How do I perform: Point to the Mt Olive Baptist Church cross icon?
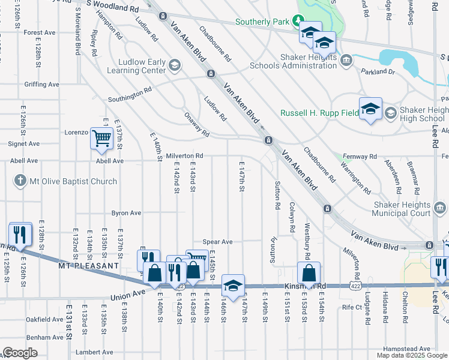click(20, 181)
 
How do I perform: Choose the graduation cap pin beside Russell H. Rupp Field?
click(370, 109)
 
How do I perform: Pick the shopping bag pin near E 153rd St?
click(309, 273)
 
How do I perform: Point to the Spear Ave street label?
click(217, 242)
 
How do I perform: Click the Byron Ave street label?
click(126, 213)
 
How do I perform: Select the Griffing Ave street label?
click(42, 85)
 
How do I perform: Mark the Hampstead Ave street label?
click(408, 349)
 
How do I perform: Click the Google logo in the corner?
click(20, 353)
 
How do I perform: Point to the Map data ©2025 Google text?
click(412, 355)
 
